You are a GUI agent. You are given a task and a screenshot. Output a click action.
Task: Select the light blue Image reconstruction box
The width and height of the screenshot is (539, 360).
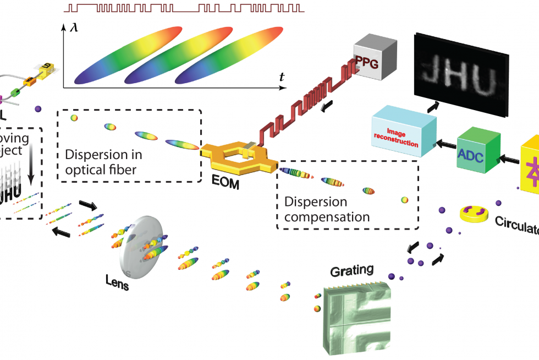[404, 133]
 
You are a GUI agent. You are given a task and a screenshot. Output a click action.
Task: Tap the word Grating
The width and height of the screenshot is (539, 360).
[351, 270]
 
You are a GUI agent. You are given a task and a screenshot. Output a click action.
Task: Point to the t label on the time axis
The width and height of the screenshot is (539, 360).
[282, 78]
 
